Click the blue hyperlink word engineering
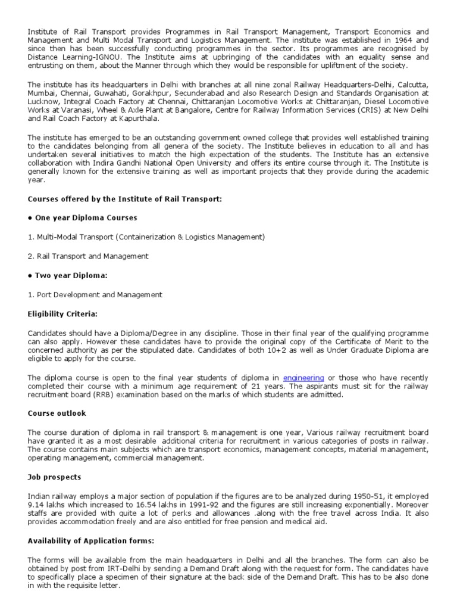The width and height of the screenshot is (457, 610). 303,378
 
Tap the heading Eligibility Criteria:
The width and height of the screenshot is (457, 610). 63,313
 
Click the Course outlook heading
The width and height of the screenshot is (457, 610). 57,413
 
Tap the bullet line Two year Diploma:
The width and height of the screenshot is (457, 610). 67,275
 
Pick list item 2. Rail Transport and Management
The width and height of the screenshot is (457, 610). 88,256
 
